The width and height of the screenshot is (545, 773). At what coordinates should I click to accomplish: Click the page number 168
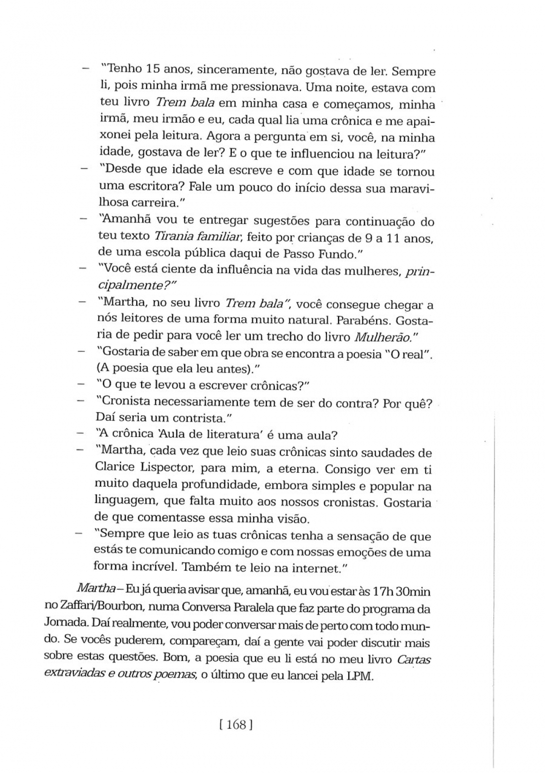click(x=236, y=725)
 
